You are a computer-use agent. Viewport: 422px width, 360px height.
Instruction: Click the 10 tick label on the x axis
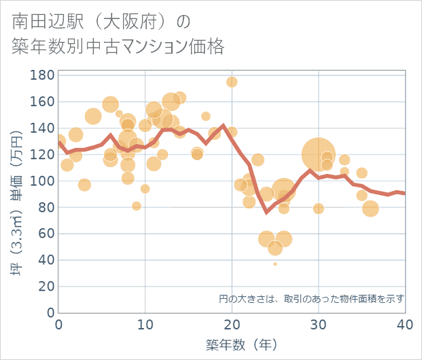[145, 325]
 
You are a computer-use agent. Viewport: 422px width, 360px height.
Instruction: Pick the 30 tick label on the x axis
[318, 325]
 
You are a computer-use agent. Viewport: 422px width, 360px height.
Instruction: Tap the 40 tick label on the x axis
[404, 325]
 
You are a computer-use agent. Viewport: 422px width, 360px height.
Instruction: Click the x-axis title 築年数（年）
[232, 344]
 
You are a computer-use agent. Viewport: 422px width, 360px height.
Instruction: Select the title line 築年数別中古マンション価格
[118, 47]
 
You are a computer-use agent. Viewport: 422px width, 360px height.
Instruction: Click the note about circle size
[311, 298]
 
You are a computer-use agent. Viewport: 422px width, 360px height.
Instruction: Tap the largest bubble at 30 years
[318, 154]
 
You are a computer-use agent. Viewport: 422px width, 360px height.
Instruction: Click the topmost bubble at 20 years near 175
[232, 82]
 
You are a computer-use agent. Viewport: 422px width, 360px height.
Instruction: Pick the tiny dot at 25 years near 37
[275, 264]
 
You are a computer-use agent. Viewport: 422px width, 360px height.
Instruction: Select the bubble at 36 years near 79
[370, 209]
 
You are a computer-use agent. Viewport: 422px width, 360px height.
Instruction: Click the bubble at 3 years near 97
[84, 185]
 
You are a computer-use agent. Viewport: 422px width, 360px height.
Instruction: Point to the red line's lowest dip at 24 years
[266, 212]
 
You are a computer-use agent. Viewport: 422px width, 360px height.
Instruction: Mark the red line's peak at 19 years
[223, 126]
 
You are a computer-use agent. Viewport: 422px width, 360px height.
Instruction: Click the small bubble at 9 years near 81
[137, 206]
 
